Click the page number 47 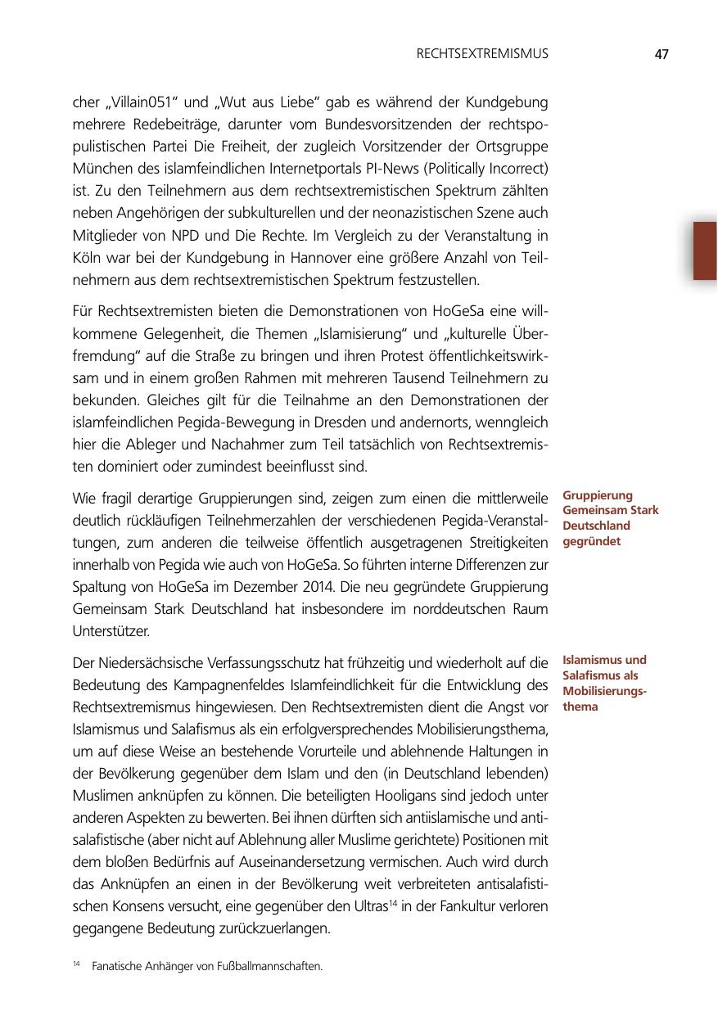click(x=662, y=55)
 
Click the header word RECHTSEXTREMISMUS click(x=482, y=55)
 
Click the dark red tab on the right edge click(x=705, y=251)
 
